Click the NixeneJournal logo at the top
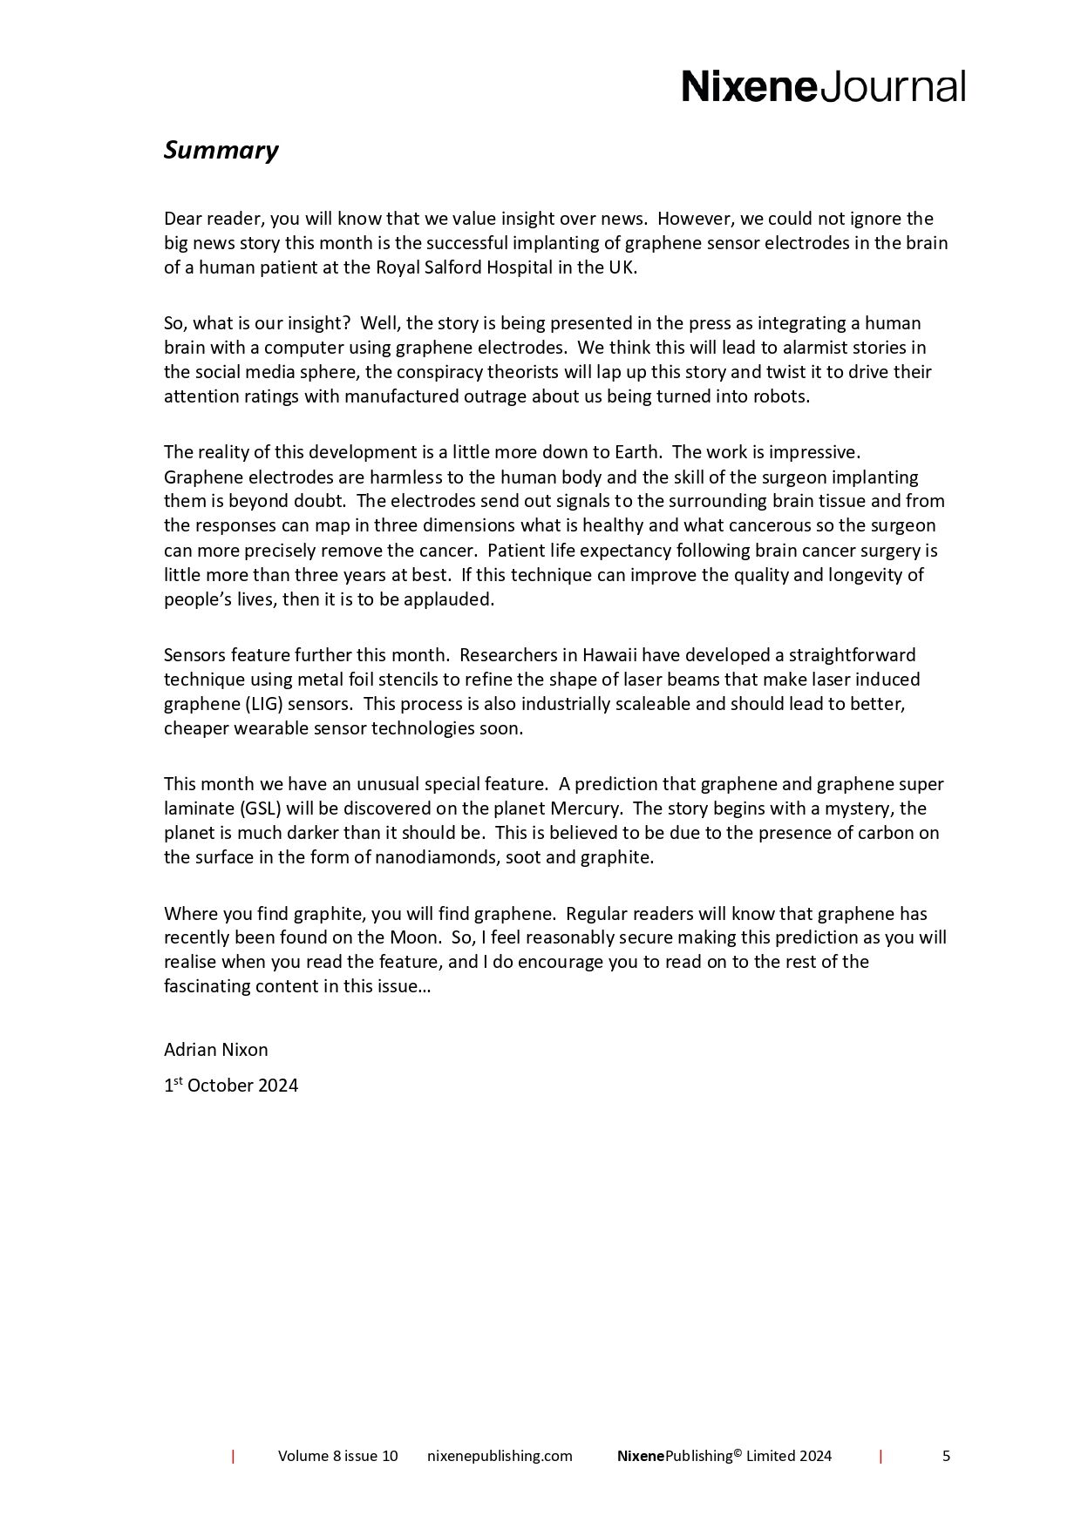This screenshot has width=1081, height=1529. coord(823,87)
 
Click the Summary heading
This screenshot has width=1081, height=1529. coord(221,151)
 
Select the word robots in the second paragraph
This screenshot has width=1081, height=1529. coord(785,396)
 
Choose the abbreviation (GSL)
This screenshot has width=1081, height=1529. coord(260,808)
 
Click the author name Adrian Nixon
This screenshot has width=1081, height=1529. coord(215,1050)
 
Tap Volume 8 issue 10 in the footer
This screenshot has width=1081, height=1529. coord(337,1456)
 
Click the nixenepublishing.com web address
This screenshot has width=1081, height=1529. coord(500,1456)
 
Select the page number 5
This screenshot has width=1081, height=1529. coord(946,1456)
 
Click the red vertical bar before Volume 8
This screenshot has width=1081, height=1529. coord(233,1456)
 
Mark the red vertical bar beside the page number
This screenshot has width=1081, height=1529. coord(880,1456)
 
